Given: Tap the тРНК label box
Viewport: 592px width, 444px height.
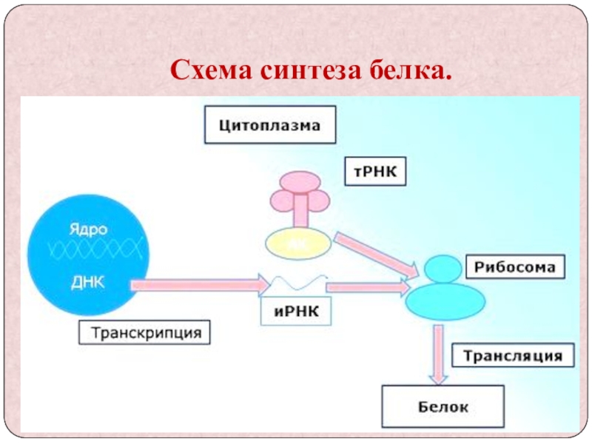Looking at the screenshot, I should coord(376,172).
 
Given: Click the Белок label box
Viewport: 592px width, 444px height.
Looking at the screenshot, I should coord(443,406).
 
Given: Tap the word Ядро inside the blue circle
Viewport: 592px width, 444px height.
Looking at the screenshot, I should coord(88,229).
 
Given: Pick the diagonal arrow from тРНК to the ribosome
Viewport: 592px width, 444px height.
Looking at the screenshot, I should coord(374,252).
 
